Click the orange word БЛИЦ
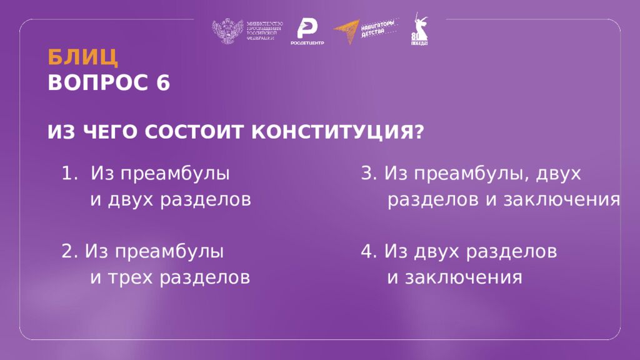[x=82, y=57]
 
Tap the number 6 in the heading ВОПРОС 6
[x=163, y=83]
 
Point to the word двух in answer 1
[x=131, y=200]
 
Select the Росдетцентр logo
[x=307, y=32]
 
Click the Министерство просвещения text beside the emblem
[x=265, y=31]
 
